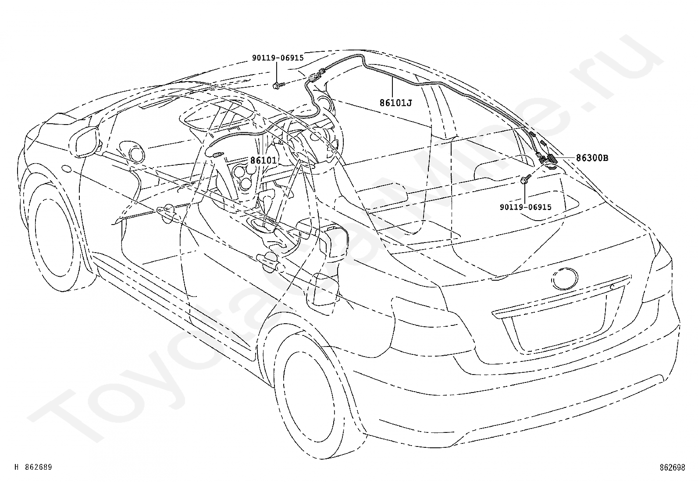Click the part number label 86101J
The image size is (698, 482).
(395, 103)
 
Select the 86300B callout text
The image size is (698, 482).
(592, 158)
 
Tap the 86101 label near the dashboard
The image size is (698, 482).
(264, 160)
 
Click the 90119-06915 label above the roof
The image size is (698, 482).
(278, 58)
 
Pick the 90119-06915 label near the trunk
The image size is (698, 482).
(525, 207)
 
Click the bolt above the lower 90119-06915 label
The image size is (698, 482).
(525, 179)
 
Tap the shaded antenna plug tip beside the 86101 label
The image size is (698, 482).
(218, 154)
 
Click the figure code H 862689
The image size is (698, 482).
(33, 467)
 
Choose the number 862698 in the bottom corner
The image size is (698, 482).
(673, 468)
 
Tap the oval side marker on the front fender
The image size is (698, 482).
(67, 169)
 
